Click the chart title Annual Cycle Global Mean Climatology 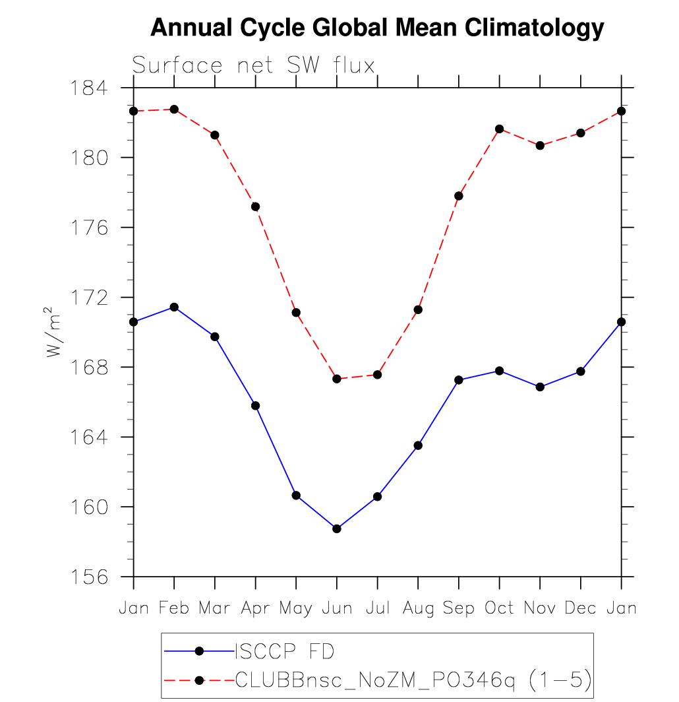[377, 28]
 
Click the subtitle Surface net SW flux [254, 65]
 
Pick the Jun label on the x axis [336, 608]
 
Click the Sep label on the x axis [458, 608]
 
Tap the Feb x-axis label [174, 608]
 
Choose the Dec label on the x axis [581, 608]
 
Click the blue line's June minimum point [337, 528]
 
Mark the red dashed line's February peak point [174, 110]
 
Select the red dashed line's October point [500, 129]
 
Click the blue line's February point [174, 307]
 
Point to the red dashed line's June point [337, 379]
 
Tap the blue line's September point [459, 380]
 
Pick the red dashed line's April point [255, 207]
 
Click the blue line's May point [296, 495]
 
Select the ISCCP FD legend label [285, 652]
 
